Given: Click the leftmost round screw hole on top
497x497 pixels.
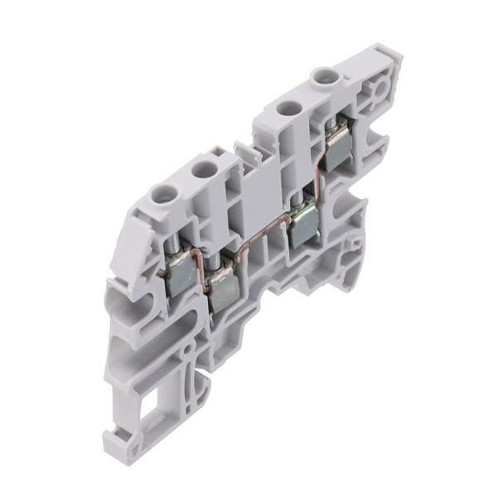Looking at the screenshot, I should [x=160, y=196].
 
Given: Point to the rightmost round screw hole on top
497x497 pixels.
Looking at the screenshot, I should [x=321, y=79].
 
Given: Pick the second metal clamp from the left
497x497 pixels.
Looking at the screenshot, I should [x=222, y=287].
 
